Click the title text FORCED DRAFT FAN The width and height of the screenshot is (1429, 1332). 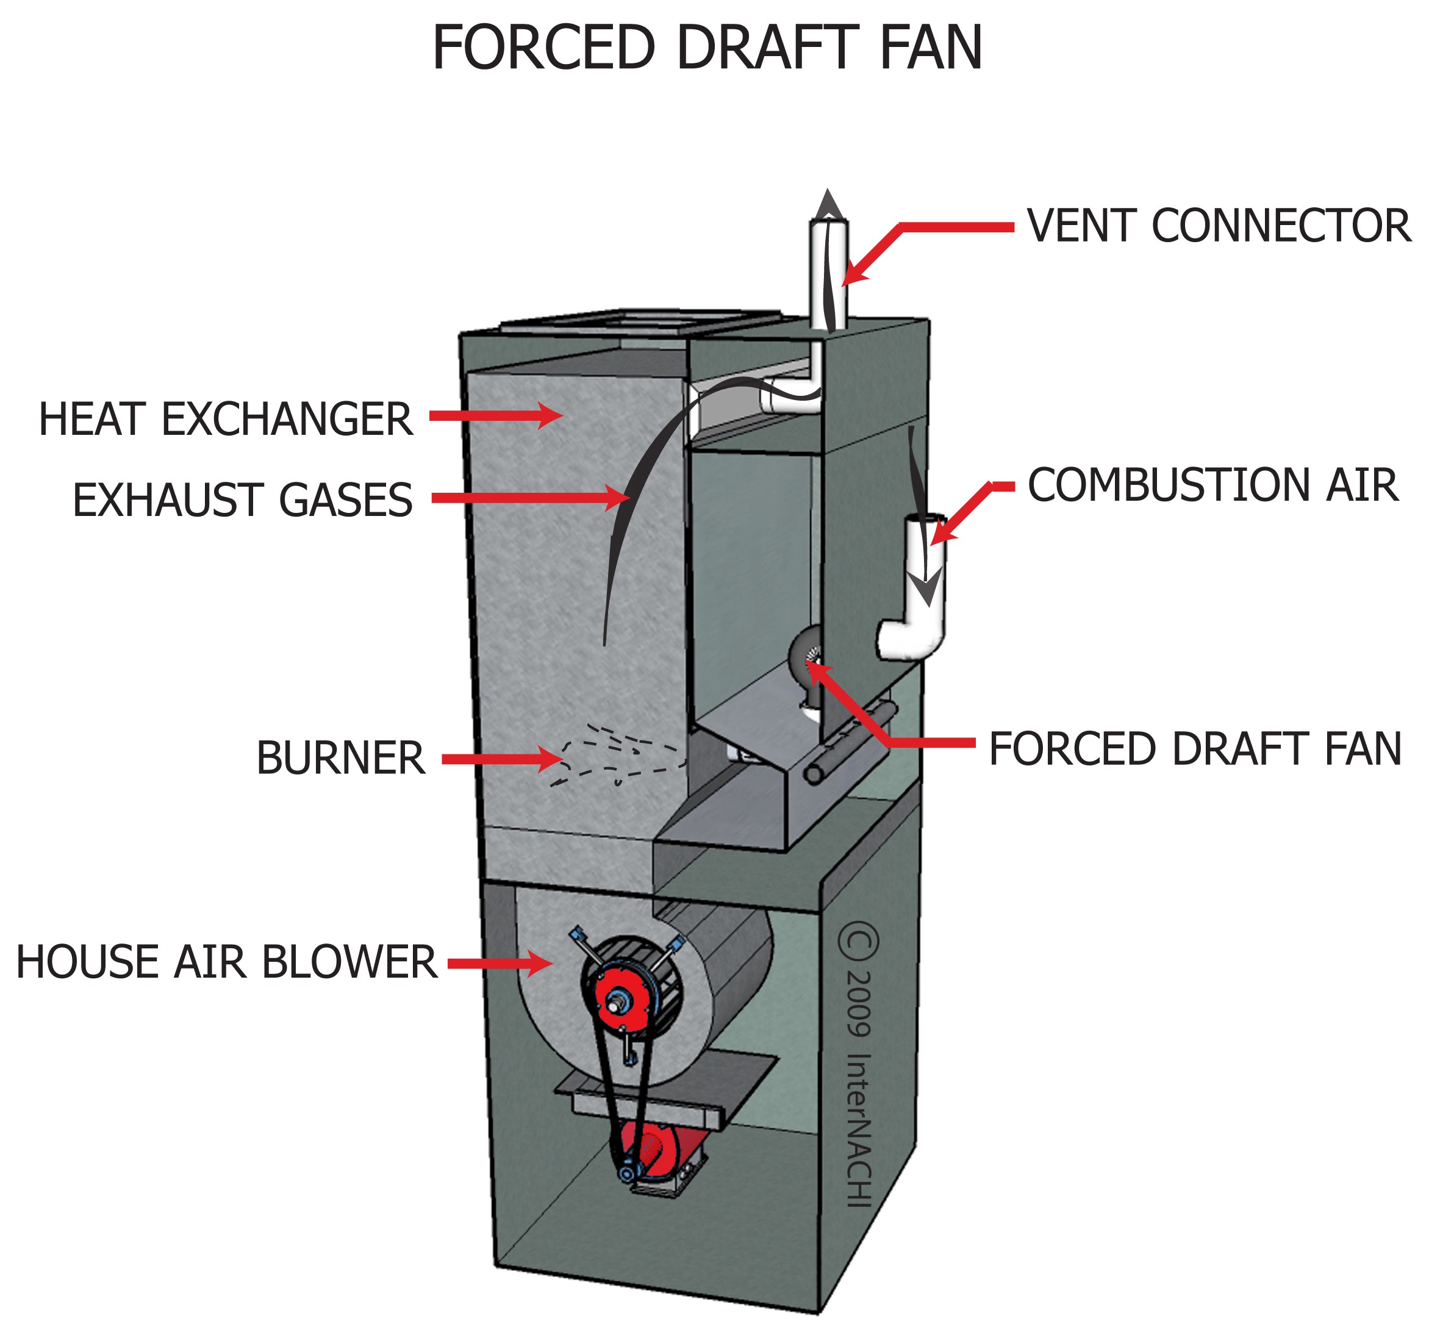coord(707,48)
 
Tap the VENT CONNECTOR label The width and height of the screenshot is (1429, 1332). coord(1219,226)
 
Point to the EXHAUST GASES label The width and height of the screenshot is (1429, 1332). coord(243,500)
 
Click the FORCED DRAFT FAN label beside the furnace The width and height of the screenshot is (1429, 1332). coord(1195,749)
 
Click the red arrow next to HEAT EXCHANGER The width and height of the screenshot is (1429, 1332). coord(496,415)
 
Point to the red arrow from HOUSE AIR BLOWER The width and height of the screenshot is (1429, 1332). coord(500,963)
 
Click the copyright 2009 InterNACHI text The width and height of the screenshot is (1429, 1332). coord(858,1064)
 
